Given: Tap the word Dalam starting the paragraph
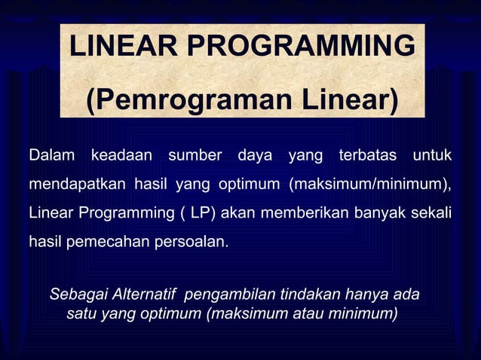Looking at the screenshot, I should [x=52, y=156].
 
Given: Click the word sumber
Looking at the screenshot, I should [x=195, y=156].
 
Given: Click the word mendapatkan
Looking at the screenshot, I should [x=78, y=185].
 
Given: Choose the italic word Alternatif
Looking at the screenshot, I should [x=145, y=294].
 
